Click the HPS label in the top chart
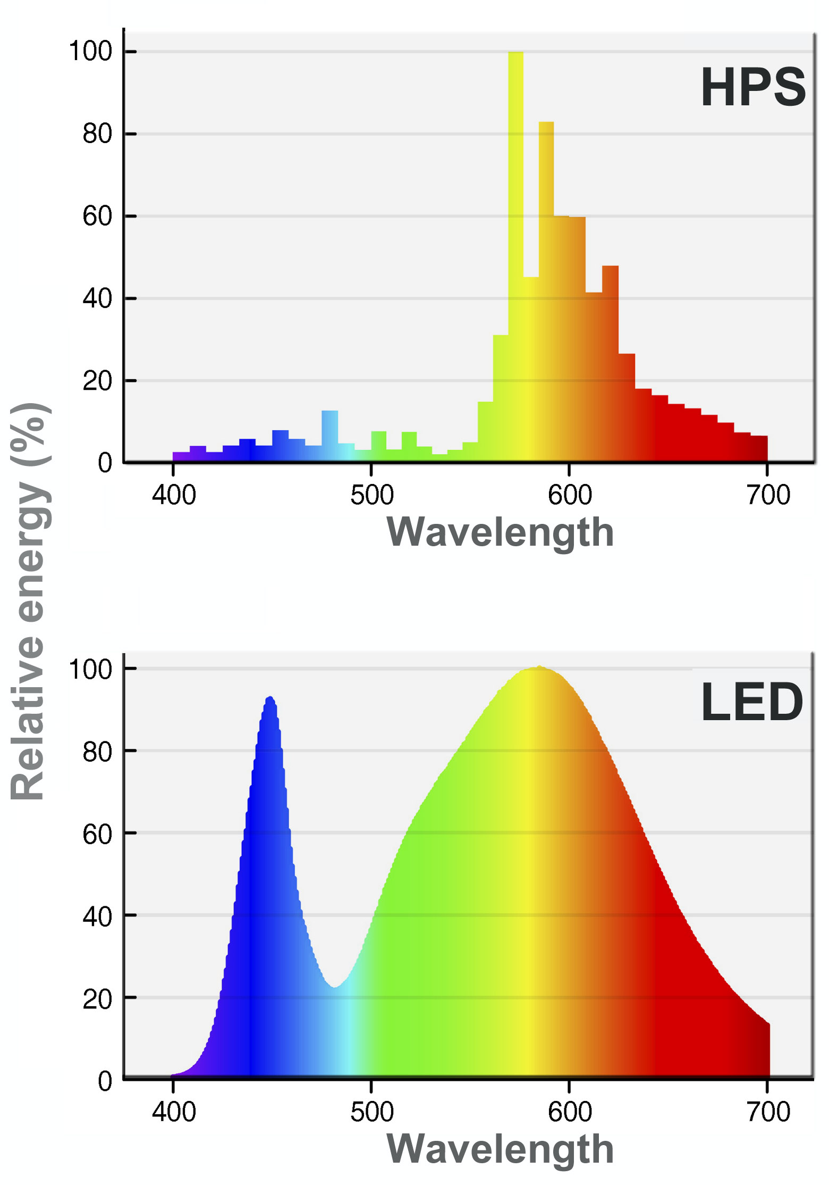tap(753, 88)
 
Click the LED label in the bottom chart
tap(751, 703)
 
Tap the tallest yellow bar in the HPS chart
tap(515, 213)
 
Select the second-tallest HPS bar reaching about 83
tap(546, 239)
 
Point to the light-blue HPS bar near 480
tap(329, 433)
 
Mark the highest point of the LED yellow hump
tap(539, 668)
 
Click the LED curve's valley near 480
tap(335, 988)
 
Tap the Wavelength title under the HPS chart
tap(500, 532)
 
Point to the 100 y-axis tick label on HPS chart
tap(90, 52)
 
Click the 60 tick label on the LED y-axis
tap(97, 834)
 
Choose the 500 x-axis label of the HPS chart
tap(371, 496)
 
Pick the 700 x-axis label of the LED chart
tap(768, 1112)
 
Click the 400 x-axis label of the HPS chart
tap(174, 496)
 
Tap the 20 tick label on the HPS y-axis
tap(97, 381)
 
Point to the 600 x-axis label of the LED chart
tap(570, 1112)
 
